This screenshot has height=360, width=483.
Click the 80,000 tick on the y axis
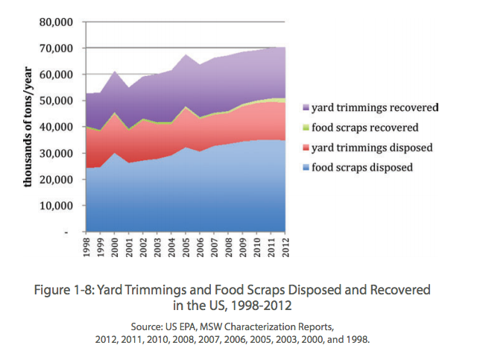click(58, 22)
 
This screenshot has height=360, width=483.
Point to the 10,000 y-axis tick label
click(58, 206)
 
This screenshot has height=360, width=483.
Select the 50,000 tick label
click(58, 101)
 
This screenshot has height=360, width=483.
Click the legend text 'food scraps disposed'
click(362, 168)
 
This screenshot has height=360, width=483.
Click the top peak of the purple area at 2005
click(186, 54)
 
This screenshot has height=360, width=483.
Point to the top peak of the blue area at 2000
click(116, 153)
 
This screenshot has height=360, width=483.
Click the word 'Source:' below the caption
click(148, 326)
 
